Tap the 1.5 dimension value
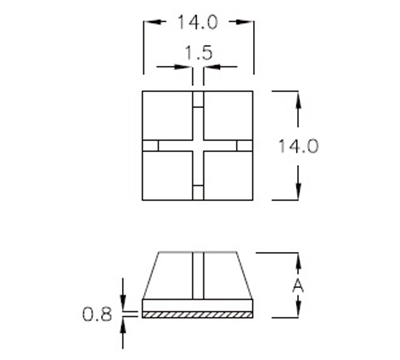(x=198, y=53)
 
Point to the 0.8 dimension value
(x=97, y=314)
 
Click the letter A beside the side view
(x=296, y=285)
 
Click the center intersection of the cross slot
(x=198, y=146)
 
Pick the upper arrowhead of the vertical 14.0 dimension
(x=298, y=96)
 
